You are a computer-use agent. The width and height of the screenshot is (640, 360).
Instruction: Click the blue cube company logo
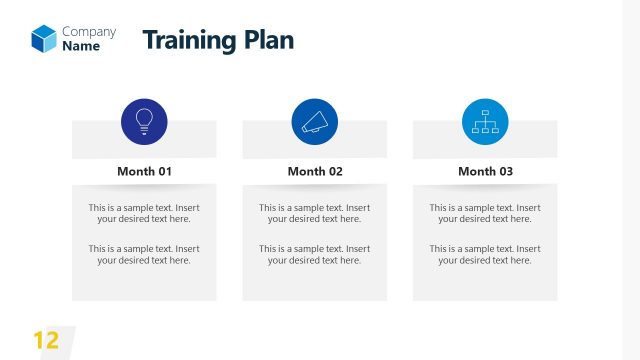pyautogui.click(x=44, y=38)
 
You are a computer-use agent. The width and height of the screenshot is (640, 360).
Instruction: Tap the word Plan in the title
pyautogui.click(x=268, y=40)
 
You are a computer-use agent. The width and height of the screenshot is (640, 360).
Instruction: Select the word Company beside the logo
pyautogui.click(x=89, y=31)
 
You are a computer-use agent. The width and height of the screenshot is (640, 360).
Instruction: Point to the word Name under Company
pyautogui.click(x=81, y=46)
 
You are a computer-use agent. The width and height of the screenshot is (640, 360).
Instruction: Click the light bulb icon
pyautogui.click(x=144, y=122)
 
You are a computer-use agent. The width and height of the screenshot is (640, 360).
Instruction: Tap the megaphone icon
pyautogui.click(x=315, y=122)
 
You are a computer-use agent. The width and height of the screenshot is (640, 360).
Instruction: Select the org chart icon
pyautogui.click(x=485, y=122)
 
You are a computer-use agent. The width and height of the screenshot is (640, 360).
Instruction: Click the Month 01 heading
pyautogui.click(x=144, y=171)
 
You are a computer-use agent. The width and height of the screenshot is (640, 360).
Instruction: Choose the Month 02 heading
pyautogui.click(x=315, y=171)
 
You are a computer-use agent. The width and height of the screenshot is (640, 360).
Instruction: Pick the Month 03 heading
pyautogui.click(x=485, y=171)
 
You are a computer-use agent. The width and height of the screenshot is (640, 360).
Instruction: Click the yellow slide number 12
pyautogui.click(x=46, y=340)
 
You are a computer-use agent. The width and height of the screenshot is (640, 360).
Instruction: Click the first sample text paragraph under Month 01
pyautogui.click(x=144, y=213)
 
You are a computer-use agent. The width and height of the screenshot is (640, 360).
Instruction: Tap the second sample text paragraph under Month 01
pyautogui.click(x=144, y=254)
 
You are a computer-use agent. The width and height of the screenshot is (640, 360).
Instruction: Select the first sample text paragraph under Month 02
pyautogui.click(x=315, y=213)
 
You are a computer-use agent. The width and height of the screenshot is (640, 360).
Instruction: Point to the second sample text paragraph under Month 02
pyautogui.click(x=315, y=254)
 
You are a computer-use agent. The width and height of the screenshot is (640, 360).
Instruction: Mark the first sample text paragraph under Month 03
pyautogui.click(x=485, y=213)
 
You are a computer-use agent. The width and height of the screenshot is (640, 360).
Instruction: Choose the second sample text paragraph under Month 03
pyautogui.click(x=485, y=254)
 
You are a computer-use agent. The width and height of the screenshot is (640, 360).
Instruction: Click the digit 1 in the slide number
pyautogui.click(x=39, y=340)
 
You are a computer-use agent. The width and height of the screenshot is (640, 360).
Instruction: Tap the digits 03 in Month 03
pyautogui.click(x=504, y=171)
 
